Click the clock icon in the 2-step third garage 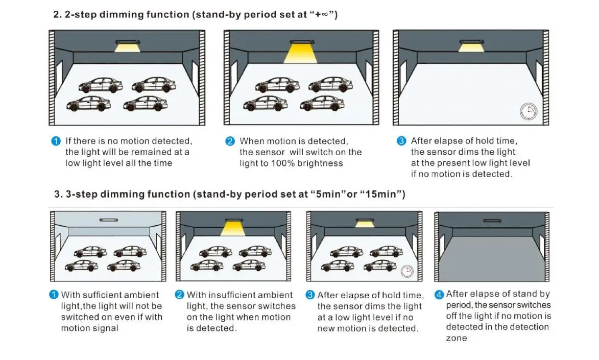point(528,111)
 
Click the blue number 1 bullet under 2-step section point(56,141)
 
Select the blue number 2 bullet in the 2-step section point(230,141)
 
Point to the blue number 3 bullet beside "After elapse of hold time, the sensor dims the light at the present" point(402,141)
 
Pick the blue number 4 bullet point(439,295)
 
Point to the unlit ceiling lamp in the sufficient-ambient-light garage point(108,220)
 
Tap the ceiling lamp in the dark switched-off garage point(492,221)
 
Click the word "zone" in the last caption point(456,338)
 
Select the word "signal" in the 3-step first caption point(104,328)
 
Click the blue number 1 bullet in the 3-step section point(54,295)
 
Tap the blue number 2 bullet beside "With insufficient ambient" point(180,295)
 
